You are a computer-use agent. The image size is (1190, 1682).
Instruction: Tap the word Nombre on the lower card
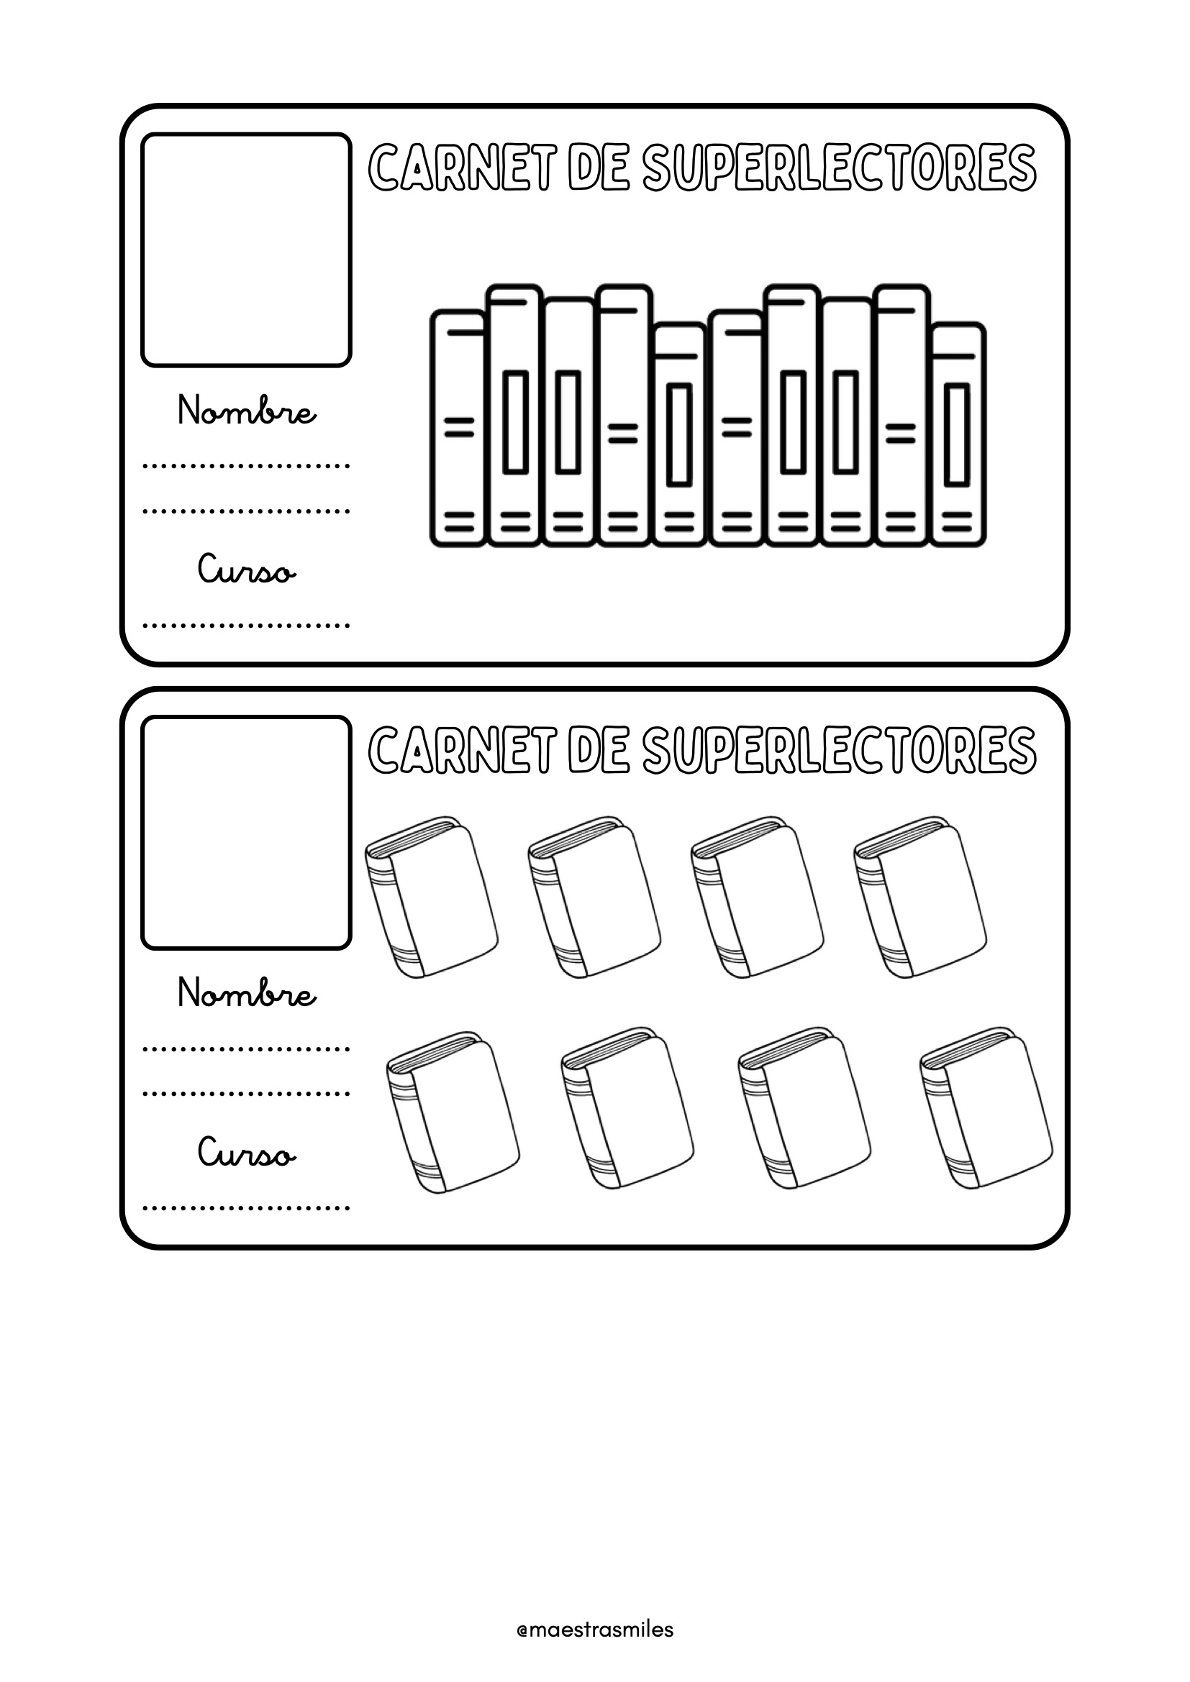(x=247, y=993)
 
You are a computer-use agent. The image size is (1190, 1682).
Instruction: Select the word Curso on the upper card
(x=247, y=570)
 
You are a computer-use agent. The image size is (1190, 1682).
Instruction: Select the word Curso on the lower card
(x=247, y=1153)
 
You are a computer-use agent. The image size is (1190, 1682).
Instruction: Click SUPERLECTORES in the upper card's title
(x=839, y=168)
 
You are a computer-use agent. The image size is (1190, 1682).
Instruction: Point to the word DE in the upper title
(x=599, y=168)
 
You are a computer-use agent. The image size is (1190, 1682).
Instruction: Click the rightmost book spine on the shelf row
(x=958, y=434)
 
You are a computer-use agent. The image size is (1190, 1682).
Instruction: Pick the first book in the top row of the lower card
(x=432, y=897)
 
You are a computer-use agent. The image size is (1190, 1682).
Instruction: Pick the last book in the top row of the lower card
(x=920, y=897)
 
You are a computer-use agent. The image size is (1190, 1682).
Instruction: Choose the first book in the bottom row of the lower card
(x=453, y=1109)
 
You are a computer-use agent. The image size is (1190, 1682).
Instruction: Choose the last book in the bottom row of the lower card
(x=986, y=1109)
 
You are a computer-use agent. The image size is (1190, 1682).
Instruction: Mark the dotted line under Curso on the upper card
(x=246, y=626)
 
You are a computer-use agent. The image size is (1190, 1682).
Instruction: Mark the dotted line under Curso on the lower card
(x=246, y=1209)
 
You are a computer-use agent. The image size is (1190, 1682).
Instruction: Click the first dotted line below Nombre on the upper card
(x=246, y=465)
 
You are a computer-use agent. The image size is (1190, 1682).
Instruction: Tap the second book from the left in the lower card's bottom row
(x=628, y=1109)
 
